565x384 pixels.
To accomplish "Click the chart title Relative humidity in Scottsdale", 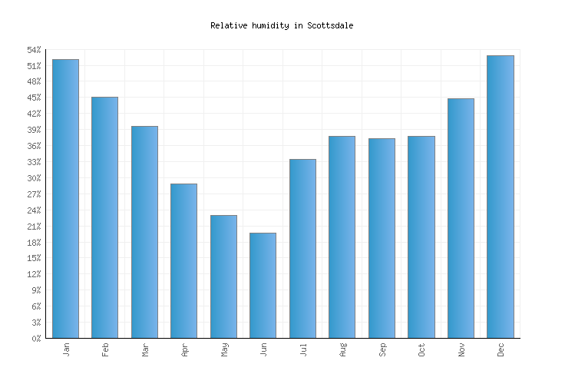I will [x=282, y=25].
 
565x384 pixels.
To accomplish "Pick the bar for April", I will [x=183, y=260].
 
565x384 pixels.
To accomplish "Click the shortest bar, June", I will [x=263, y=285].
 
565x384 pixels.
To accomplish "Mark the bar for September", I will [x=382, y=238].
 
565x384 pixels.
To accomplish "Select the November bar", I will [x=461, y=218].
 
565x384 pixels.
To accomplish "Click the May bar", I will [x=223, y=276].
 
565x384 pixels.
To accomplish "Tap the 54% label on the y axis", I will [x=34, y=50].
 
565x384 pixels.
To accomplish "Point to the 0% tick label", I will [x=36, y=339].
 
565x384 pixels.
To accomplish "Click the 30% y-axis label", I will [x=34, y=178].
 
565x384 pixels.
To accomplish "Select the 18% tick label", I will [x=34, y=243].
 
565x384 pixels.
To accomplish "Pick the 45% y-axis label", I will [x=34, y=98].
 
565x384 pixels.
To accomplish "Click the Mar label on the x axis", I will [x=145, y=349].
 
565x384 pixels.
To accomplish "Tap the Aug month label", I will [x=342, y=349].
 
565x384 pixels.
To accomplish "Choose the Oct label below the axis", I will [x=421, y=349].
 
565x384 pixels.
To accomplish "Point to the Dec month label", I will [x=501, y=349].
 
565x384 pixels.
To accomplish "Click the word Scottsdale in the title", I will [x=330, y=25].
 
